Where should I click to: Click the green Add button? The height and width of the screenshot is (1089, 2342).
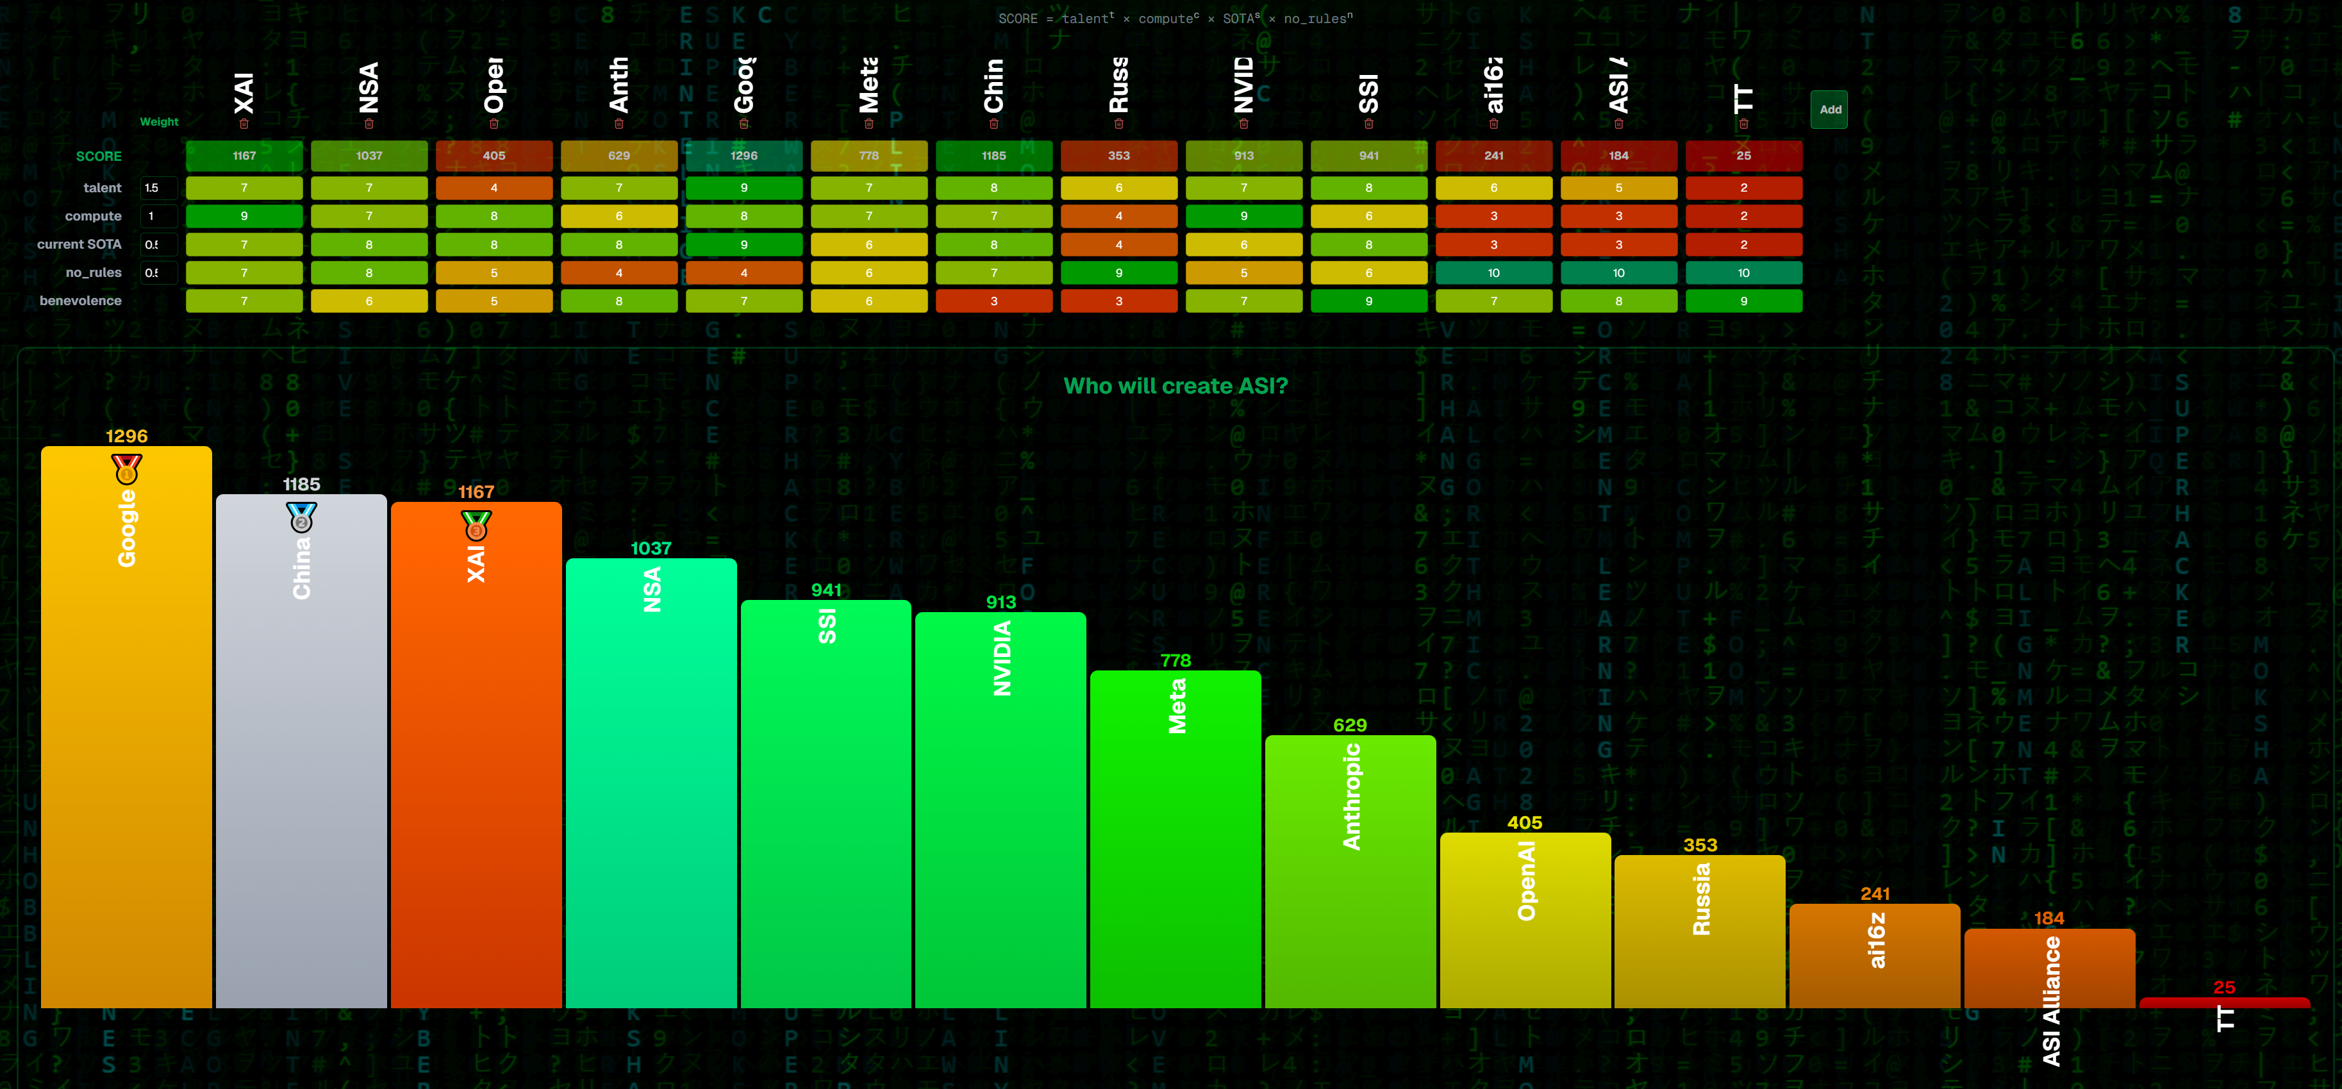(x=1829, y=110)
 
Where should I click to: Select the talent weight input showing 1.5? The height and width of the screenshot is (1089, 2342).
(x=158, y=188)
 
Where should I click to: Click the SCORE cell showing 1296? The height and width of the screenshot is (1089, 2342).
(x=743, y=156)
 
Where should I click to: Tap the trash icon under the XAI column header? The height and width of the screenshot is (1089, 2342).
(x=244, y=124)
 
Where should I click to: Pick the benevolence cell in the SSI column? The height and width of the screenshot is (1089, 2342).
(x=1368, y=301)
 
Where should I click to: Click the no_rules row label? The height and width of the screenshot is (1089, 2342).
(x=93, y=272)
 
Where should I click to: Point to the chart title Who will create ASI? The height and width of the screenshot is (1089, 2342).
(x=1175, y=387)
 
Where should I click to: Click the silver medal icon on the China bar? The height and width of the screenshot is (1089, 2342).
(x=301, y=517)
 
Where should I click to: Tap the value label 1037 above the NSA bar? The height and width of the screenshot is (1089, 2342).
(x=651, y=548)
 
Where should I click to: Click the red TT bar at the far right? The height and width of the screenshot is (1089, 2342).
(x=2224, y=1002)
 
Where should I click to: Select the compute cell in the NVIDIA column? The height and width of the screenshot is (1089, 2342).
(x=1243, y=217)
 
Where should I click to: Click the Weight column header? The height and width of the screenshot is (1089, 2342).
(x=159, y=122)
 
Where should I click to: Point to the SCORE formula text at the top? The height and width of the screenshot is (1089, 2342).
(x=1175, y=18)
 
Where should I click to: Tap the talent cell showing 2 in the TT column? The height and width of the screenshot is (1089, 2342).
(x=1743, y=188)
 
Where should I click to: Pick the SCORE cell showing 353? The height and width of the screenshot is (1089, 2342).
(x=1118, y=156)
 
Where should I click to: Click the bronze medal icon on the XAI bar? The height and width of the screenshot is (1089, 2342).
(x=476, y=526)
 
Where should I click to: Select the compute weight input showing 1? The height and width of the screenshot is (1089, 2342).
(x=158, y=217)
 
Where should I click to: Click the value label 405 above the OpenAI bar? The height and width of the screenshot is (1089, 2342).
(x=1525, y=822)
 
